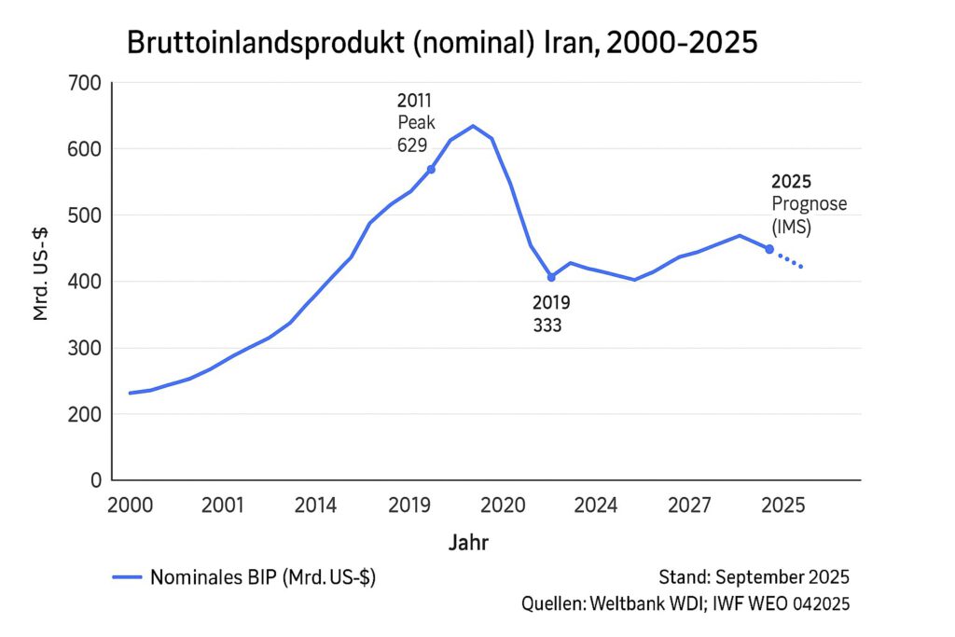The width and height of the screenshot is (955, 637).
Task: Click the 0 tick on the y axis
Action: point(94,480)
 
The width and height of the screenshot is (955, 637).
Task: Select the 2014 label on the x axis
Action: point(316,505)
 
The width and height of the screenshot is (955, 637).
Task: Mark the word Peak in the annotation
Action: point(415,122)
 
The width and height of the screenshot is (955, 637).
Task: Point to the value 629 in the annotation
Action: point(411,145)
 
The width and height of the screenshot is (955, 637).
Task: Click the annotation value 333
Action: point(547,325)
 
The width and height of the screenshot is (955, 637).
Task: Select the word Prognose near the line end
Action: point(809,203)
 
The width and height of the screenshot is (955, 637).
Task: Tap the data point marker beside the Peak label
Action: point(431,169)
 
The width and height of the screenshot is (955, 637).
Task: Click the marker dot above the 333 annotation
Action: point(551,277)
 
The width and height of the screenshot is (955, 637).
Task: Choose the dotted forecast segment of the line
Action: point(787,259)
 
